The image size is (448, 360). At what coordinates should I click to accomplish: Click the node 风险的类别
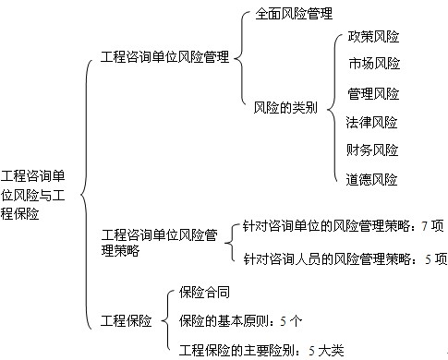(x=285, y=107)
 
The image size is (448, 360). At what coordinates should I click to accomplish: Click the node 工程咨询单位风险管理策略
(x=158, y=243)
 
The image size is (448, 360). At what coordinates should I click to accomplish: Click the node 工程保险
(x=126, y=320)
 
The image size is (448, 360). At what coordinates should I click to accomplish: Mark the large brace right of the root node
(x=86, y=193)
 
